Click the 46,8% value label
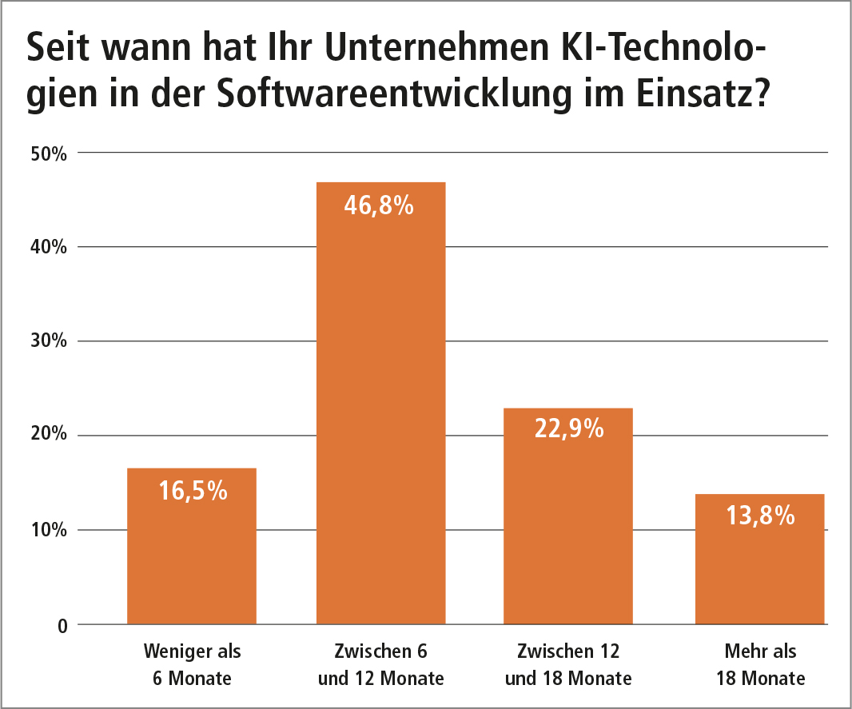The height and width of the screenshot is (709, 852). (x=379, y=205)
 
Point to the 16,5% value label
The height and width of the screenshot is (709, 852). (x=192, y=491)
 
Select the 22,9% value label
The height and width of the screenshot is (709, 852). (x=568, y=430)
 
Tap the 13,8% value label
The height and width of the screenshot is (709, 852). (x=760, y=516)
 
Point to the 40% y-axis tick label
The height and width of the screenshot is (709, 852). (x=47, y=247)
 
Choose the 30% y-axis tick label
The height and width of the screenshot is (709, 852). (x=47, y=341)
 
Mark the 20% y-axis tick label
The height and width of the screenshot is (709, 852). (x=47, y=436)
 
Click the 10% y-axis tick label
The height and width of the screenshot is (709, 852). (x=47, y=530)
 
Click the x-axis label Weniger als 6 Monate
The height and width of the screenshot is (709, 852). (x=192, y=665)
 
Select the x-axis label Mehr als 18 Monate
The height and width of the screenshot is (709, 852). (x=760, y=665)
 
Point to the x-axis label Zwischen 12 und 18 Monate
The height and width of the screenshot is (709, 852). (x=568, y=665)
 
